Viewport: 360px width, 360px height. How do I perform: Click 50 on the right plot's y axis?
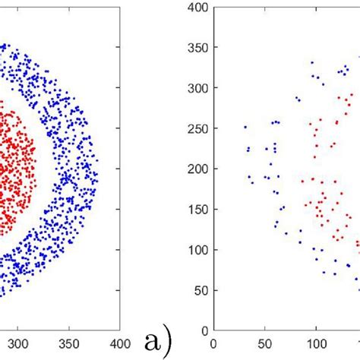click(201, 290)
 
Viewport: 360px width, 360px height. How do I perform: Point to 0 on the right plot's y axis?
click(204, 330)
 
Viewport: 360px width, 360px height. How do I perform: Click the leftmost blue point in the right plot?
click(245, 127)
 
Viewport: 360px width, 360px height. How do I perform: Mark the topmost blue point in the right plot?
click(311, 63)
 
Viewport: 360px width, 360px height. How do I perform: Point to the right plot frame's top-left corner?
click(214, 7)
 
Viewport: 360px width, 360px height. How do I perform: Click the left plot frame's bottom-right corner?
click(118, 330)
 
